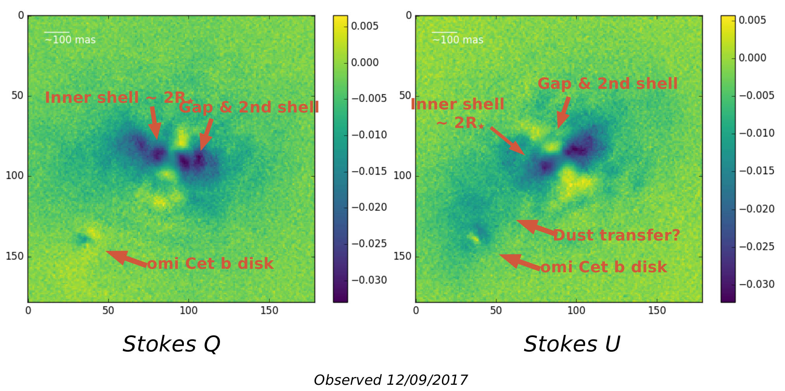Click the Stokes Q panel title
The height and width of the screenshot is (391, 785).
pyautogui.click(x=171, y=344)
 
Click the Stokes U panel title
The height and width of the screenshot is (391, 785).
pyautogui.click(x=572, y=344)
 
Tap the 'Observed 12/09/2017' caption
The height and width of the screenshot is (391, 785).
pyautogui.click(x=390, y=380)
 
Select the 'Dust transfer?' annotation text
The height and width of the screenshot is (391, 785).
pyautogui.click(x=616, y=235)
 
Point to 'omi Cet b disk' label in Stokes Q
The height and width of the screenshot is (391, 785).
pyautogui.click(x=210, y=264)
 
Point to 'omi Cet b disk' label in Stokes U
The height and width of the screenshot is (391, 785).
pyautogui.click(x=603, y=267)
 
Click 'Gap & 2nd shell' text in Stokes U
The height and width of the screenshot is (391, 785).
pyautogui.click(x=607, y=83)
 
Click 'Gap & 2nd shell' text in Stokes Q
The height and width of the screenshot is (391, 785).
pyautogui.click(x=248, y=107)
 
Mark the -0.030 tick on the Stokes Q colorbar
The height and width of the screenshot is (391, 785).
pyautogui.click(x=369, y=280)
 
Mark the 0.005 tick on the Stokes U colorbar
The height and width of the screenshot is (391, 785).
pyautogui.click(x=752, y=20)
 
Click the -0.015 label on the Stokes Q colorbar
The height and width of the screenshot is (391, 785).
pyautogui.click(x=369, y=171)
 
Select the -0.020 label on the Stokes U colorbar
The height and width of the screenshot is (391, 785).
pyautogui.click(x=756, y=209)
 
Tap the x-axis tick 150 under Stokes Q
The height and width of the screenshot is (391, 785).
pyautogui.click(x=269, y=311)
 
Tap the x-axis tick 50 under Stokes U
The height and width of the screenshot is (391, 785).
pyautogui.click(x=496, y=311)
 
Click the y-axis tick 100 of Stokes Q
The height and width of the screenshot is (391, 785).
pyautogui.click(x=15, y=176)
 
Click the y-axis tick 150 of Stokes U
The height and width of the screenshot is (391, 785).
pyautogui.click(x=402, y=256)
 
